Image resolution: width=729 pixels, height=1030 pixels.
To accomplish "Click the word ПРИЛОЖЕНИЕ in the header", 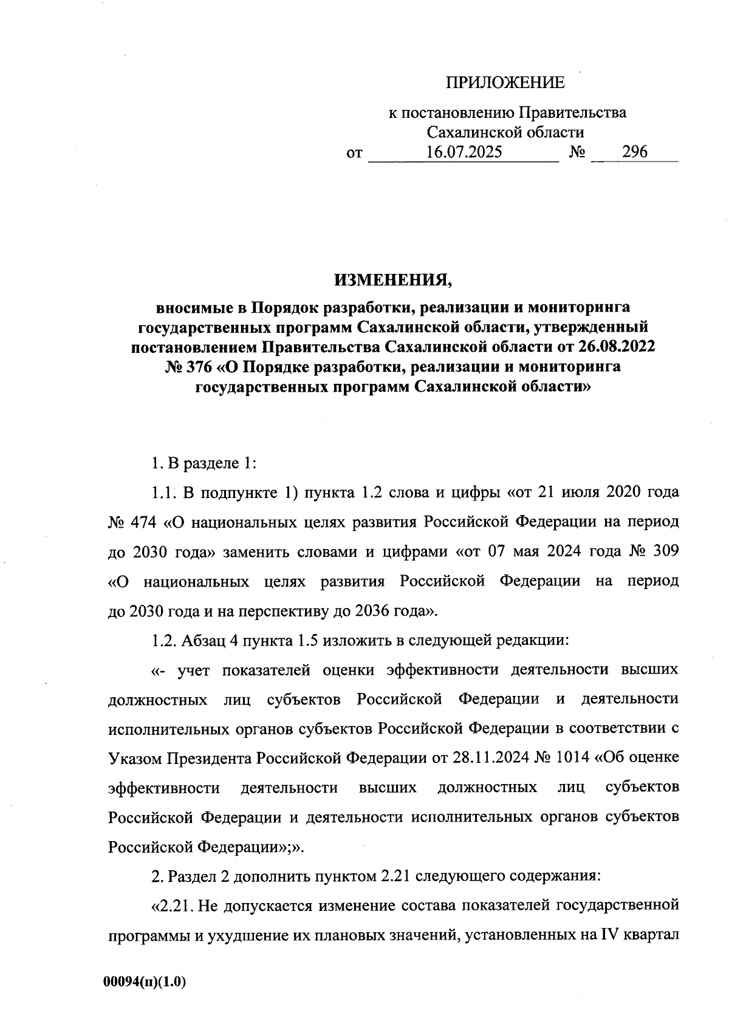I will tap(505, 83).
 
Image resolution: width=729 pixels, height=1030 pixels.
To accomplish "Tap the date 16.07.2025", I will tap(464, 152).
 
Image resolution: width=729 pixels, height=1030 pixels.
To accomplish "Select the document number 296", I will tap(634, 152).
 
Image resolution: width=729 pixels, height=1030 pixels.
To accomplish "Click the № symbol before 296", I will tap(577, 152).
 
